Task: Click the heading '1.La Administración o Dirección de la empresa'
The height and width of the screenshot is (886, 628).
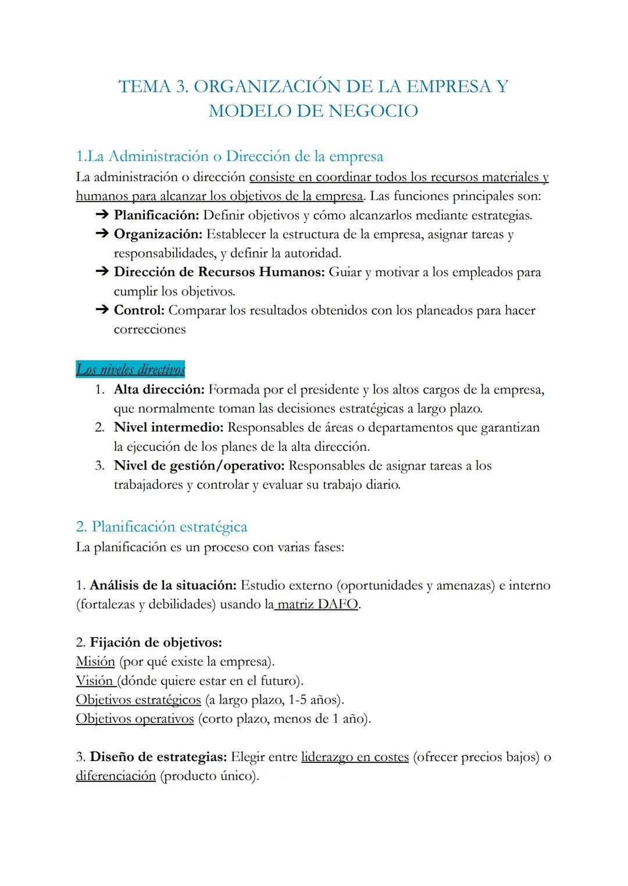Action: click(x=230, y=156)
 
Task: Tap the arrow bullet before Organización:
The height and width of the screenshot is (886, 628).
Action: click(x=102, y=235)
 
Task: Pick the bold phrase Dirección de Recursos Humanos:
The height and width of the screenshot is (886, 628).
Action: click(x=219, y=272)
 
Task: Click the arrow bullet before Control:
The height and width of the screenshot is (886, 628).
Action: click(x=102, y=311)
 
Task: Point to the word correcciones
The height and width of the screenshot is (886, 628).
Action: click(x=149, y=329)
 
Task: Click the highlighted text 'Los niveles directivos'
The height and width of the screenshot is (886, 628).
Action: click(x=130, y=370)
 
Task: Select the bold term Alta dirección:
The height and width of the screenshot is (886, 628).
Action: click(x=159, y=390)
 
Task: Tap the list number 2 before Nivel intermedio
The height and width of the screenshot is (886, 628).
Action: click(x=99, y=428)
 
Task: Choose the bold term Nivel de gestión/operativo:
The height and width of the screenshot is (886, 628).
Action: click(x=199, y=466)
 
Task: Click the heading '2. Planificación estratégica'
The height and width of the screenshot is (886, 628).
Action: click(x=162, y=527)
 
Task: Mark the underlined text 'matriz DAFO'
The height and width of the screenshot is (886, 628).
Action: click(x=317, y=605)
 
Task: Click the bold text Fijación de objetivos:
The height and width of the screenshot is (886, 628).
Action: click(x=156, y=643)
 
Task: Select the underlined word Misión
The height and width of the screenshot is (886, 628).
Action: click(x=95, y=662)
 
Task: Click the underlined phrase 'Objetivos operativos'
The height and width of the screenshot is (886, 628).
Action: click(x=135, y=719)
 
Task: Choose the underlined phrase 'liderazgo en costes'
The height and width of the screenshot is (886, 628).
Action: click(x=355, y=758)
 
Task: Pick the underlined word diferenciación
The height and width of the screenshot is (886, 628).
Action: click(x=116, y=777)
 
